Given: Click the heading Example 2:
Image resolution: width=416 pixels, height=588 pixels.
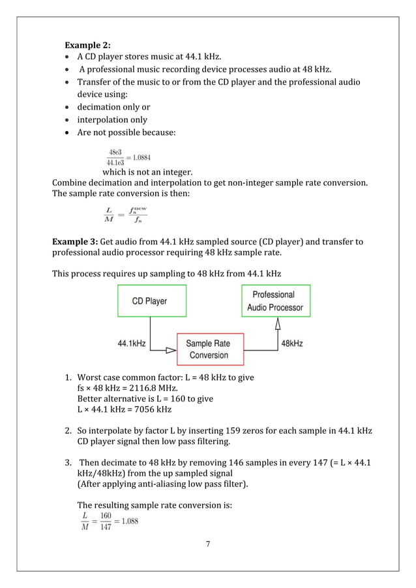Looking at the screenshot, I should (87, 45).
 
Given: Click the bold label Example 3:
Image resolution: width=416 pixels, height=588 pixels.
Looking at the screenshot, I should (74, 243).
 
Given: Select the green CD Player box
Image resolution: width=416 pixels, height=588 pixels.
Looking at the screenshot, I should (149, 301).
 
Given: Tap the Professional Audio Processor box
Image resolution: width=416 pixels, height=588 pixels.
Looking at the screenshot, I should (274, 301).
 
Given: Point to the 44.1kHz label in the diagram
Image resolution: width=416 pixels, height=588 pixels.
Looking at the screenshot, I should (132, 342).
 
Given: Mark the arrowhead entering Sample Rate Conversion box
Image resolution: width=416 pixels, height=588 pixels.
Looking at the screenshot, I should (171, 350).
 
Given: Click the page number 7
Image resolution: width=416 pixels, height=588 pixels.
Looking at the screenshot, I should (208, 544).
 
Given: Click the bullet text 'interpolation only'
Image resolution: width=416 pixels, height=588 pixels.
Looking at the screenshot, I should (112, 120).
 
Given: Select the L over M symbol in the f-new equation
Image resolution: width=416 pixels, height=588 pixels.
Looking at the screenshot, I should (108, 213).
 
